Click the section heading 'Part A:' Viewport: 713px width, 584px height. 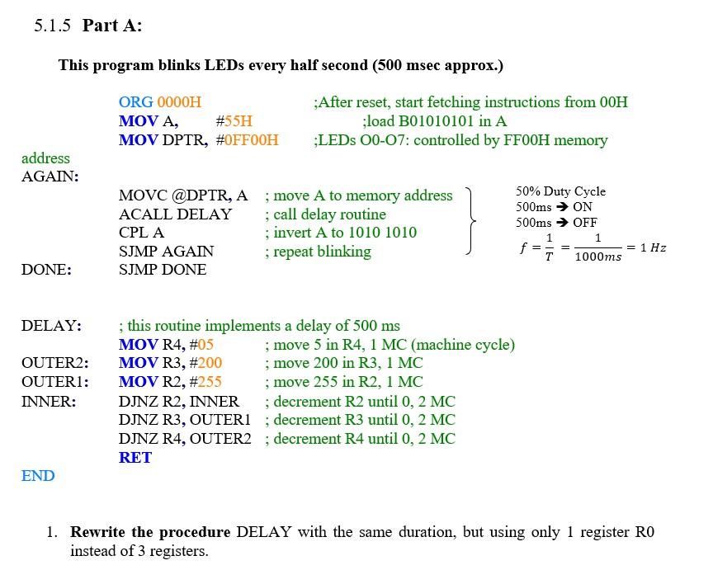coord(112,26)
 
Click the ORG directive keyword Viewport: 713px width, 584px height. coord(135,102)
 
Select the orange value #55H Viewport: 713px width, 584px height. coord(234,121)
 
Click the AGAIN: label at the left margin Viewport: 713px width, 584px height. coord(50,177)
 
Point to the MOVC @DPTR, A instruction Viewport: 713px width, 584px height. coord(182,195)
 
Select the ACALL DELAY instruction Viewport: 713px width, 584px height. coord(175,214)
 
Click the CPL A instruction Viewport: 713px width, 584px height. coord(141,233)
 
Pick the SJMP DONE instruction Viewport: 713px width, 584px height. coord(163,270)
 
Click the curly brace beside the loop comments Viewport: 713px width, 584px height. coord(471,220)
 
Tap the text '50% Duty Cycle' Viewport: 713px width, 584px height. coord(560,191)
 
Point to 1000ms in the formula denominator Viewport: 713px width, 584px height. coord(597,257)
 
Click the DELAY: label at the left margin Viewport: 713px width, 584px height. coord(51,326)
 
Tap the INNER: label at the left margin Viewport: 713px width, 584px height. coord(49,402)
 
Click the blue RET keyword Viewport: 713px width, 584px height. coord(135,458)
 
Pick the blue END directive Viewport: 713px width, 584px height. coord(38,476)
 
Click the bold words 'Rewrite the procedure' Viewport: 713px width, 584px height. coord(151,532)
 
